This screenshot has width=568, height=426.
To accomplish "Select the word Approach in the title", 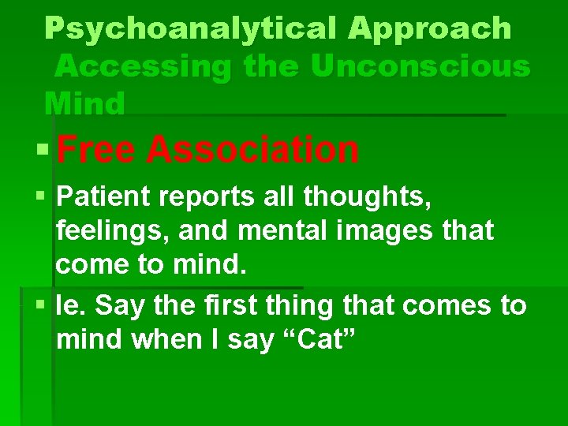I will pyautogui.click(x=429, y=28).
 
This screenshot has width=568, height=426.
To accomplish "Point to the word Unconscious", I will pyautogui.click(x=420, y=66).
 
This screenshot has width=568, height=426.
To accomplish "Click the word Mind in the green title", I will pyautogui.click(x=84, y=103).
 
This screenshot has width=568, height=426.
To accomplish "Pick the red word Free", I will pyautogui.click(x=95, y=149).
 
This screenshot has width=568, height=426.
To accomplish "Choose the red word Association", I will pyautogui.click(x=252, y=149).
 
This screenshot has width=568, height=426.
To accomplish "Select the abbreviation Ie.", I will pyautogui.click(x=70, y=305).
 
